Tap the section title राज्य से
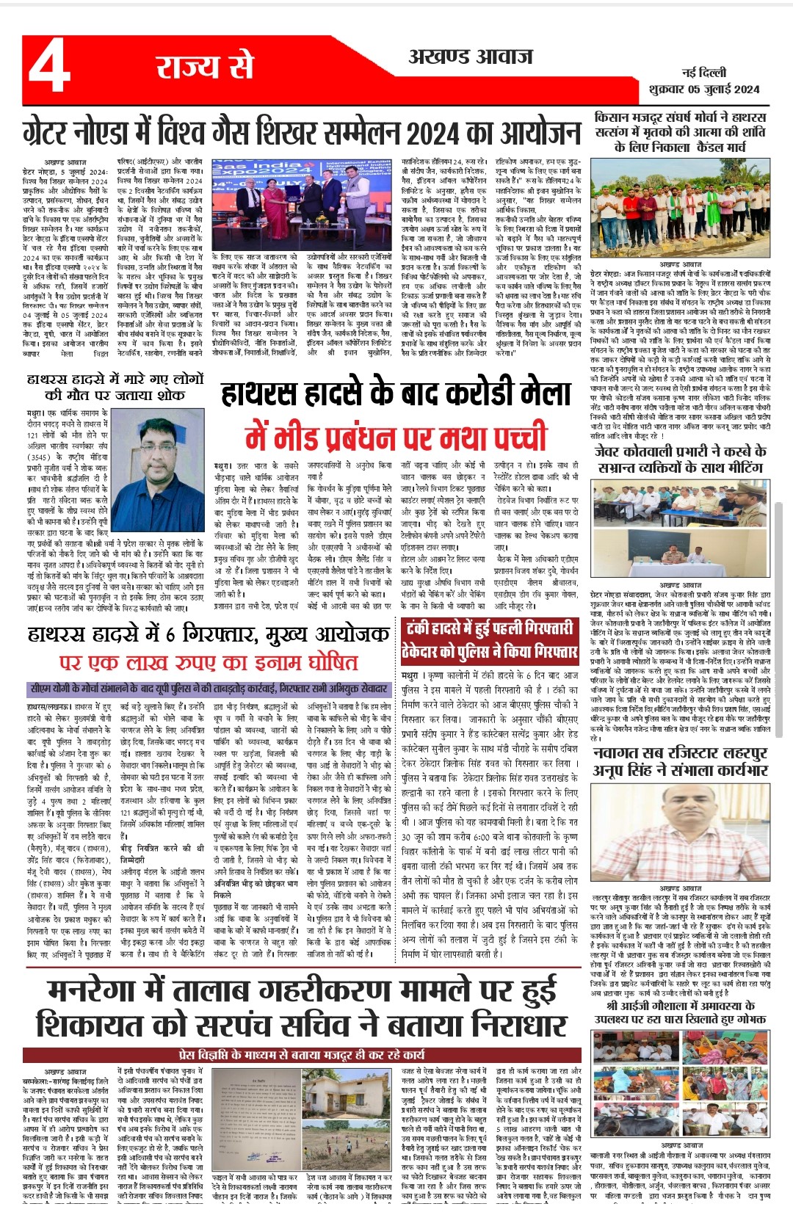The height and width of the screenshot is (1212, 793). pos(204,67)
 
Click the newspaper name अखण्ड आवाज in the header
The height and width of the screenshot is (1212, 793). pos(470,57)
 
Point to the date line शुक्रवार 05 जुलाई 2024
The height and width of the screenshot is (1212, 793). pos(704,90)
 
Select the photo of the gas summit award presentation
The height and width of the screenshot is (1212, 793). pos(303,204)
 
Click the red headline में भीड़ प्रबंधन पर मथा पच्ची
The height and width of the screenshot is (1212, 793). pos(396,438)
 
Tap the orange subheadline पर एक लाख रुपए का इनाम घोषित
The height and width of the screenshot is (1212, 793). pos(209,662)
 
